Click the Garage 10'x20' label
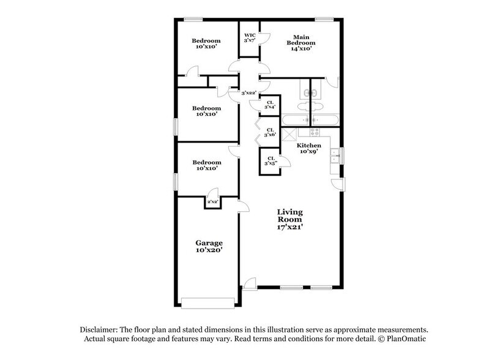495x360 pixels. (x=209, y=246)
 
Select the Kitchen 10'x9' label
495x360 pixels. (x=309, y=149)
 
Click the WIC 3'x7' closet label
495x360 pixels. (x=250, y=37)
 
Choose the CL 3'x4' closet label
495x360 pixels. (x=270, y=105)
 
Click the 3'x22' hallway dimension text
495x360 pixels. (x=248, y=93)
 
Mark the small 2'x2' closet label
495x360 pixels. (x=212, y=201)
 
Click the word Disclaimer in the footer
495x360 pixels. (x=97, y=329)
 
